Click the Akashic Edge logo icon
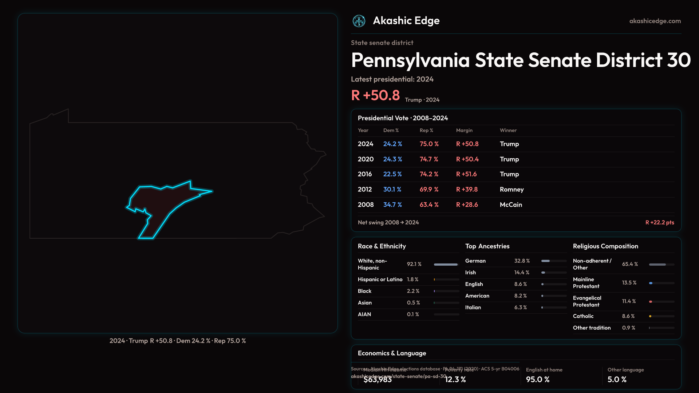coord(359,21)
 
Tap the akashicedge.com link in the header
coord(655,21)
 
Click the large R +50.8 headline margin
coord(375,95)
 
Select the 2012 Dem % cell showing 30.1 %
coord(392,190)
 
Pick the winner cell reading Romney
coord(512,190)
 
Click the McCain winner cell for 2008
coord(511,205)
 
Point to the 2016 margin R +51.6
coord(466,174)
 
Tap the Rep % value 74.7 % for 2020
coord(429,159)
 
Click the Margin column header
coord(464,130)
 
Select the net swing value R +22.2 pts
coord(660,222)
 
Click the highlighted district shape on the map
coord(164,204)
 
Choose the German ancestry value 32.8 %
coord(522,261)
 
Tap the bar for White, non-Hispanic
coord(446,265)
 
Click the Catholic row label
coord(583,316)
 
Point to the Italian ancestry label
coord(473,307)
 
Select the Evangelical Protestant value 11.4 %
coord(629,301)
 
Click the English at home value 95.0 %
coord(538,380)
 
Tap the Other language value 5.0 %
coord(617,380)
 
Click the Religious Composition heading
coord(605,246)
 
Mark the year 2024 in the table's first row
coord(366,144)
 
